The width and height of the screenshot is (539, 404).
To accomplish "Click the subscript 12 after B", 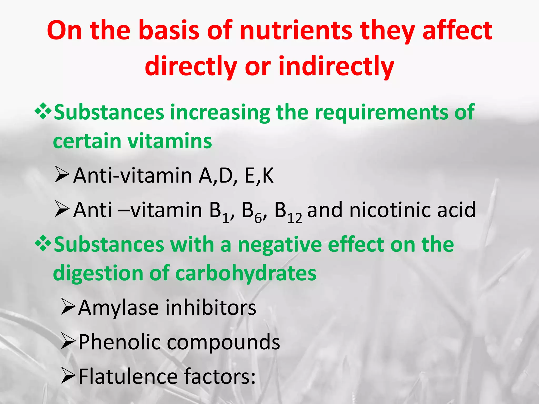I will coord(295,219).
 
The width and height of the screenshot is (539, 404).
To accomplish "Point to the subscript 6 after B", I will coord(258,219).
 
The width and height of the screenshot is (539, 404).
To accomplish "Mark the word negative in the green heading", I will coord(280,245).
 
